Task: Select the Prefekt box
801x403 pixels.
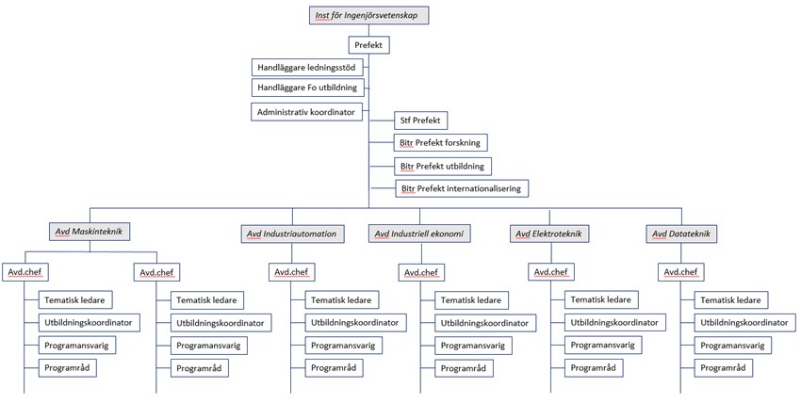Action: pyautogui.click(x=367, y=44)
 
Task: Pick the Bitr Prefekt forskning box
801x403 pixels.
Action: pyautogui.click(x=440, y=143)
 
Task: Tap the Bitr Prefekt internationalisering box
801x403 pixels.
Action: pyautogui.click(x=460, y=189)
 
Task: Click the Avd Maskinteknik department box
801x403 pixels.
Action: pyautogui.click(x=91, y=231)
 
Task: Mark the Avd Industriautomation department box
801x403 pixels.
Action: pyautogui.click(x=290, y=234)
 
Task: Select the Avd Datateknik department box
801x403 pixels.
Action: pyautogui.click(x=680, y=234)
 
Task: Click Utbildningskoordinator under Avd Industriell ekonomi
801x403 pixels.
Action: pyautogui.click(x=482, y=323)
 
